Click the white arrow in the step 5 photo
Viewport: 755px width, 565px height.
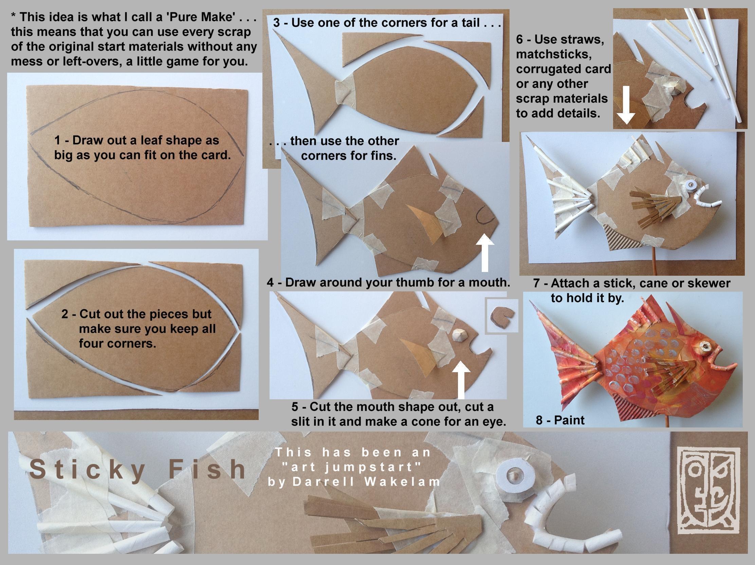461,380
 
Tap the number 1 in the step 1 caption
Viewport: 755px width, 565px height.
58,140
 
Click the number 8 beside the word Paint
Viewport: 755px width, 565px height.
539,420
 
